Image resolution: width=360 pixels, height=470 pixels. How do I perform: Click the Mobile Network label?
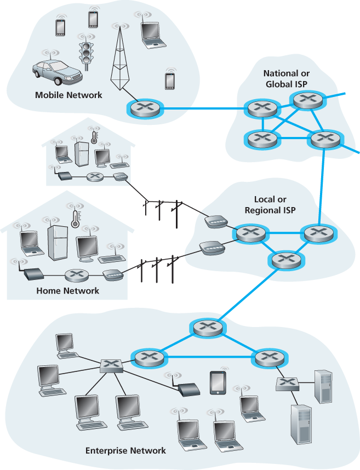[68, 95]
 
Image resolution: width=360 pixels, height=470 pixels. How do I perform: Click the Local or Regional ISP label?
[270, 205]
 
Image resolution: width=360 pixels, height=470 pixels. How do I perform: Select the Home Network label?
[67, 290]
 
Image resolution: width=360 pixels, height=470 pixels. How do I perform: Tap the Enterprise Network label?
[125, 451]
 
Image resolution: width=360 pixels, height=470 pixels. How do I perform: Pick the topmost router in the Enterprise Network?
[207, 328]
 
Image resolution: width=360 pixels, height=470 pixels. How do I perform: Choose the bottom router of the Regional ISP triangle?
[284, 259]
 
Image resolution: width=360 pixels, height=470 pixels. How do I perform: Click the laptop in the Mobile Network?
[149, 32]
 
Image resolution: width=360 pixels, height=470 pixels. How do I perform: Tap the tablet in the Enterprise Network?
[218, 383]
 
